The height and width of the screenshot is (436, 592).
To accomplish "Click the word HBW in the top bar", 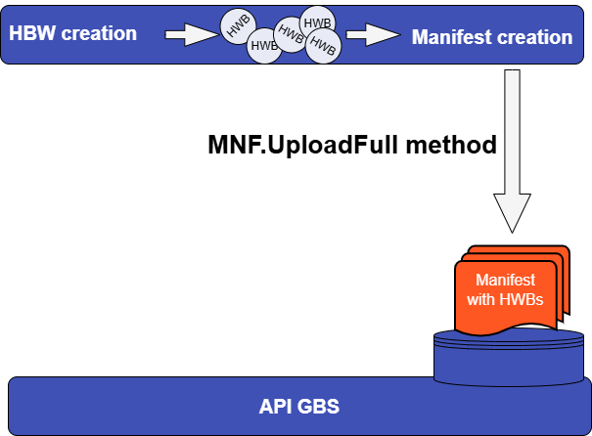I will pyautogui.click(x=31, y=33).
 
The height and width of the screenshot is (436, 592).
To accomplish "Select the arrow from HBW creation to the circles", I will pyautogui.click(x=189, y=36).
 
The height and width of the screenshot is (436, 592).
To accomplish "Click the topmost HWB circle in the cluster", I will pyautogui.click(x=317, y=22).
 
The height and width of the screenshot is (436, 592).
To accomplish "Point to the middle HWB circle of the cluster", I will pyautogui.click(x=291, y=32).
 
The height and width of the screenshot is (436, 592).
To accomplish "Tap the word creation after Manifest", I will pyautogui.click(x=534, y=38).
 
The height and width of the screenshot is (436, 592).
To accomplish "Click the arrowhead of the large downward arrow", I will pyautogui.click(x=511, y=209).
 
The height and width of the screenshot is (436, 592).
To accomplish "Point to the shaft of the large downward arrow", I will pyautogui.click(x=511, y=127).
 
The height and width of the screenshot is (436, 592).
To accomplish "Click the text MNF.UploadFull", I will pyautogui.click(x=312, y=147).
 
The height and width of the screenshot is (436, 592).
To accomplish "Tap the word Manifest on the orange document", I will pyautogui.click(x=505, y=281).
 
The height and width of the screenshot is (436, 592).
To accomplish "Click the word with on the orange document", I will pyautogui.click(x=481, y=299).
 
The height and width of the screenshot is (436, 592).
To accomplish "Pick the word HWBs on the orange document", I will pyautogui.click(x=520, y=299).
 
